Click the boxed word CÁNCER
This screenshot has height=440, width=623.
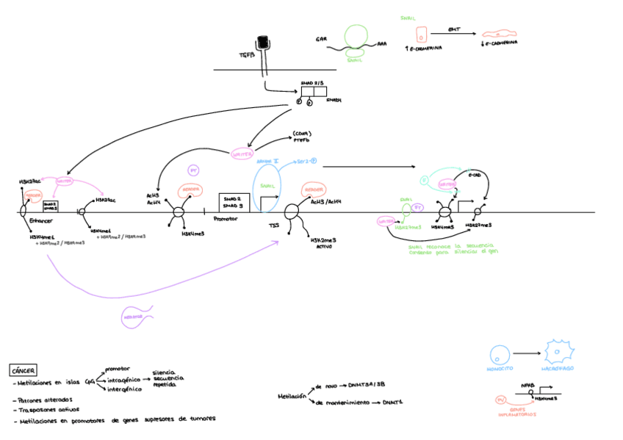click(23, 371)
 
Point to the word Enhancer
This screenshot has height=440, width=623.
click(41, 220)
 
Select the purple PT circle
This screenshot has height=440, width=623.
click(194, 170)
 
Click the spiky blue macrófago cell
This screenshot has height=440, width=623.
click(558, 352)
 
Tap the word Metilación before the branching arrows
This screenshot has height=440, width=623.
click(292, 395)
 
